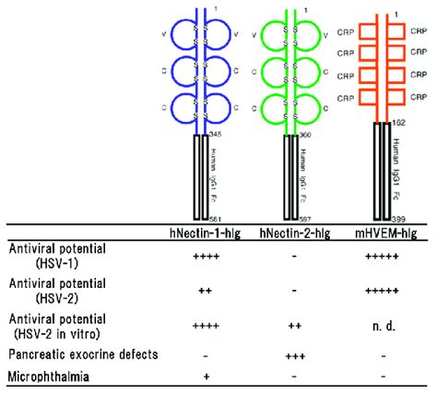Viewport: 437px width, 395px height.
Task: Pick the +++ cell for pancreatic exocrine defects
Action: [x=294, y=353]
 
